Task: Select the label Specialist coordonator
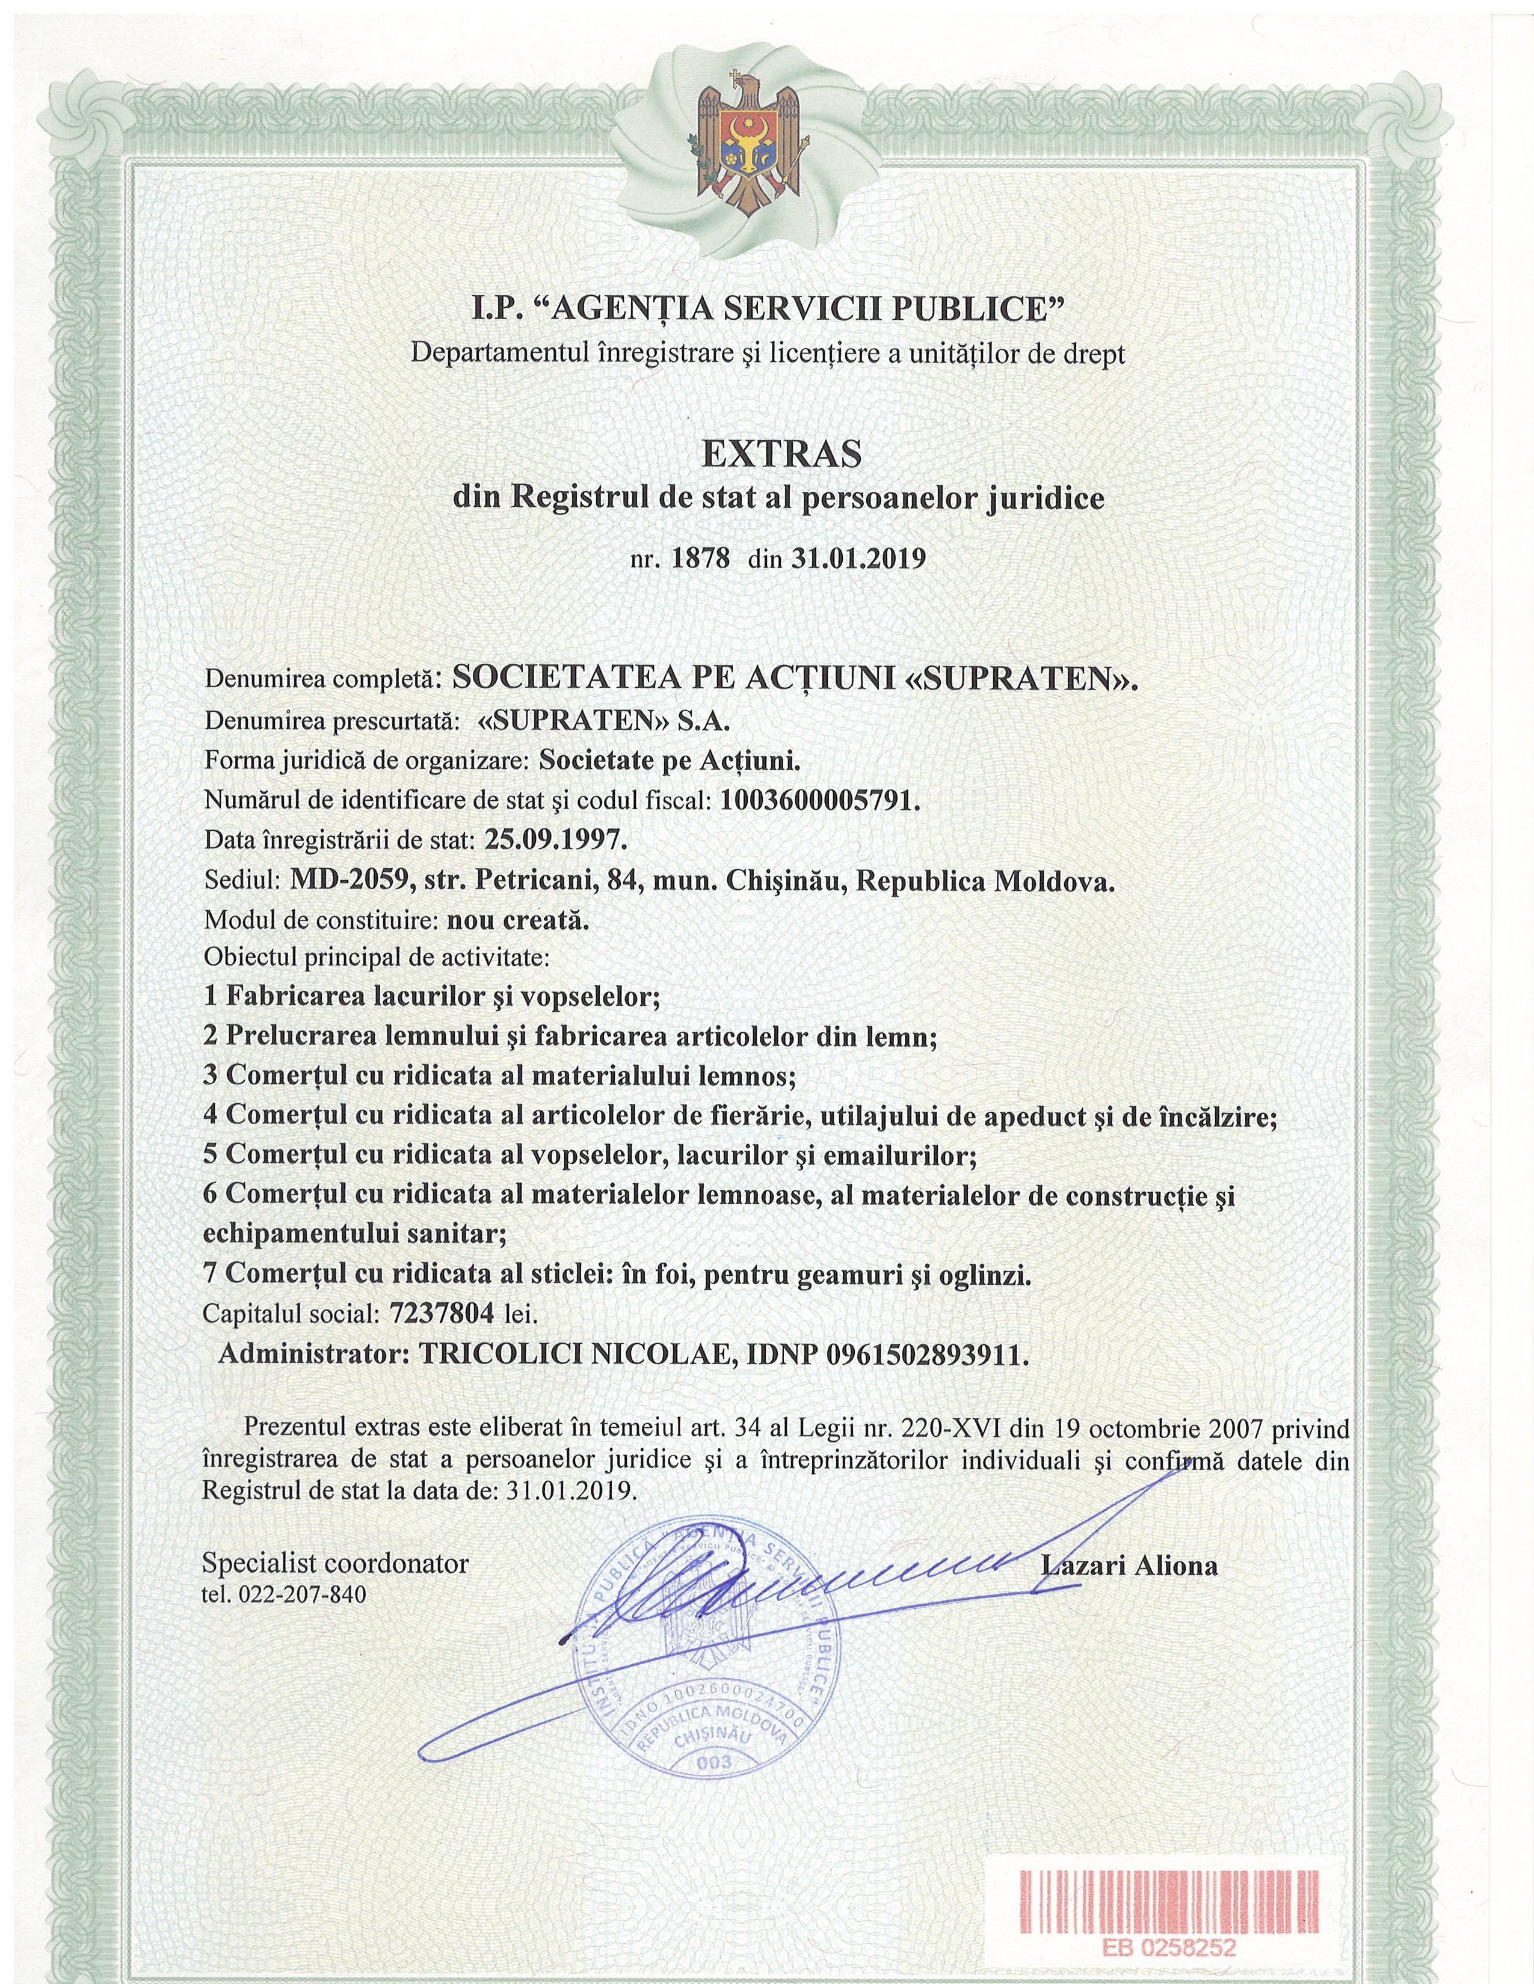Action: [335, 1564]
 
